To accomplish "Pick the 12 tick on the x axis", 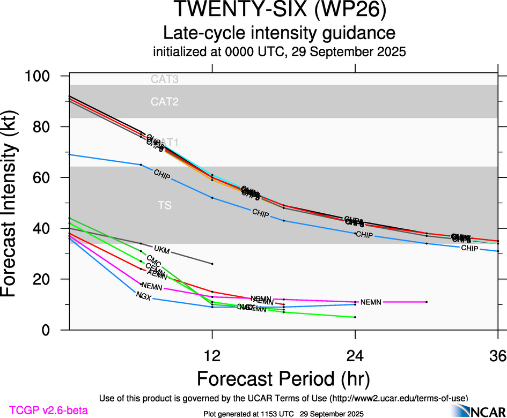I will (212, 355).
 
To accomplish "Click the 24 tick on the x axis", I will (355, 355).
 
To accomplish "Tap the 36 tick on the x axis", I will (497, 355).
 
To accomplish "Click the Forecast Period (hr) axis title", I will (283, 378).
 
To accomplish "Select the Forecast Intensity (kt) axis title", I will (15, 204).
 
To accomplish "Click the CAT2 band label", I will (164, 102).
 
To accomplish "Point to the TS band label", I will (164, 205).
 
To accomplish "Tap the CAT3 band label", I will (164, 80).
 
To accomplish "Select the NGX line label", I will (143, 295).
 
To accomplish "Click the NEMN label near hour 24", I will (371, 302).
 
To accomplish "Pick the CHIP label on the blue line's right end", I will (469, 249).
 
